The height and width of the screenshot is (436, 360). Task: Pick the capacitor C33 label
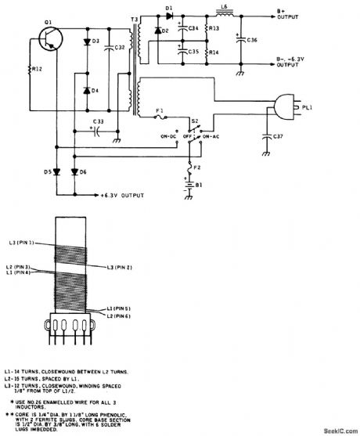click(x=99, y=121)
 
